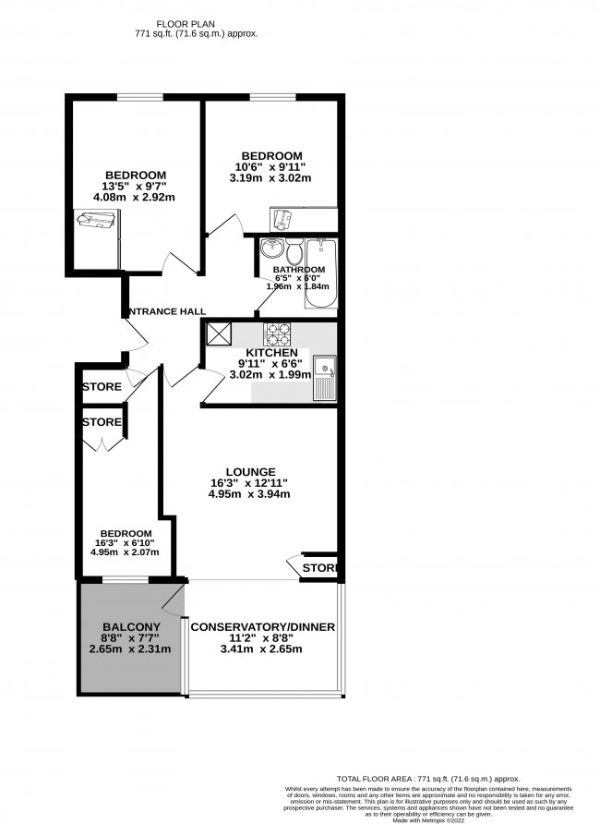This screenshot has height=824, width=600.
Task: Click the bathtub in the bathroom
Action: [320, 276]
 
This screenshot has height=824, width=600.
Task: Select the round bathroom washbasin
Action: [272, 249]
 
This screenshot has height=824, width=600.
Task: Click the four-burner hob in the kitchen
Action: [278, 333]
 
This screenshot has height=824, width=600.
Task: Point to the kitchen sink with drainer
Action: [325, 378]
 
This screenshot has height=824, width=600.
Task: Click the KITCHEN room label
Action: [270, 353]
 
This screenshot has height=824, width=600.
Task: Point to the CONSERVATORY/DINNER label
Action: [262, 627]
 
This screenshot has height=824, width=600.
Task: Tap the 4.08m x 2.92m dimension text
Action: [135, 197]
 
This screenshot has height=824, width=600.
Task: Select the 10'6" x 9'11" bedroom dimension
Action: [271, 166]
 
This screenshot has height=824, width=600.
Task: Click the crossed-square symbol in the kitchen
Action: [219, 333]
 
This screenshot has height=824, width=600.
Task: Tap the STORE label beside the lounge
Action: [319, 566]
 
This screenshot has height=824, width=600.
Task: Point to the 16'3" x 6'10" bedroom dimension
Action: [126, 543]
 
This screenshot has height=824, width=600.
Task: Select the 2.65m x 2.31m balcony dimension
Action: [126, 648]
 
